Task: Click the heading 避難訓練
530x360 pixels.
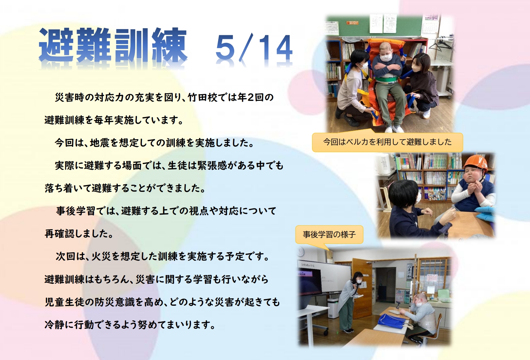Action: [x=113, y=45]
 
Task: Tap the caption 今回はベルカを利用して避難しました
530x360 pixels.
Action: [x=387, y=142]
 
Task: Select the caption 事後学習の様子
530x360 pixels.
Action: [x=329, y=235]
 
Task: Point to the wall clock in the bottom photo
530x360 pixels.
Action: [x=301, y=252]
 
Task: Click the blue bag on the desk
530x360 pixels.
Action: [x=392, y=320]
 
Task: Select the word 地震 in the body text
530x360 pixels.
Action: [x=100, y=143]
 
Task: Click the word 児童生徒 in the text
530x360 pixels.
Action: [x=64, y=302]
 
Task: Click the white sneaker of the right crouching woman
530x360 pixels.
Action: [x=426, y=114]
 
